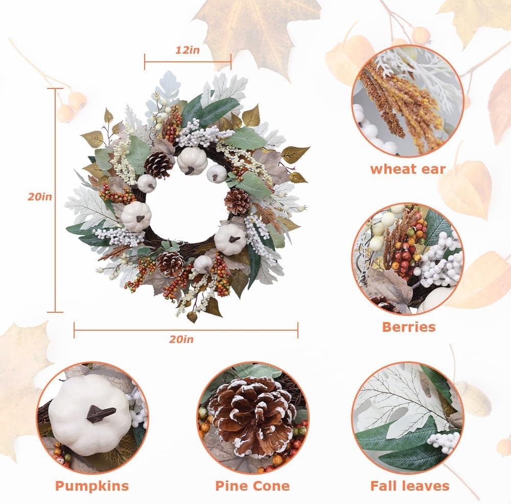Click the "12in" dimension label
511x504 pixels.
click(188, 50)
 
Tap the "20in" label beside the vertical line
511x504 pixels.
click(40, 197)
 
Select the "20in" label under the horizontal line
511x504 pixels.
click(181, 339)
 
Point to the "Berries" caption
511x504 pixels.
click(409, 327)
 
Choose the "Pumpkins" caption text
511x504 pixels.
click(92, 486)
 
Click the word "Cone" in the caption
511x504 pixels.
click(271, 486)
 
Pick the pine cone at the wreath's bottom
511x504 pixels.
click(170, 263)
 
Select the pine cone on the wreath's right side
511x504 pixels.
click(238, 201)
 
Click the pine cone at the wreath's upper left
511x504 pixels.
click(159, 165)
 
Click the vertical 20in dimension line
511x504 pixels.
click(55, 200)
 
